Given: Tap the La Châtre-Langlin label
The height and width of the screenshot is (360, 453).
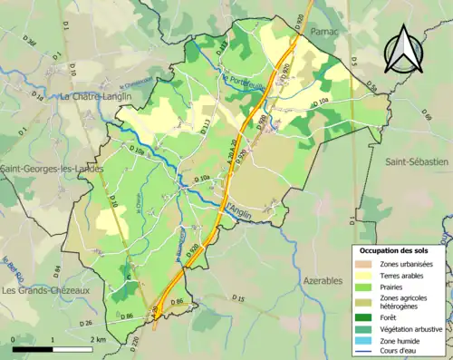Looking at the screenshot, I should (96, 95).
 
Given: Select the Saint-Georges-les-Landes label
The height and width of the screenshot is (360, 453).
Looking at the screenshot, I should (52, 169).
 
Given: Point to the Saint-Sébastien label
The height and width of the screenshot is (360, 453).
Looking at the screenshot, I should (417, 161).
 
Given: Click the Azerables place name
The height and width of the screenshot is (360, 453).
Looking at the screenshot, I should (323, 280).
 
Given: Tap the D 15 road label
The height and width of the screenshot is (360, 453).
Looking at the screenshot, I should (238, 298).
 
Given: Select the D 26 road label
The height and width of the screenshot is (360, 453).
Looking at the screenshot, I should (86, 323).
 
